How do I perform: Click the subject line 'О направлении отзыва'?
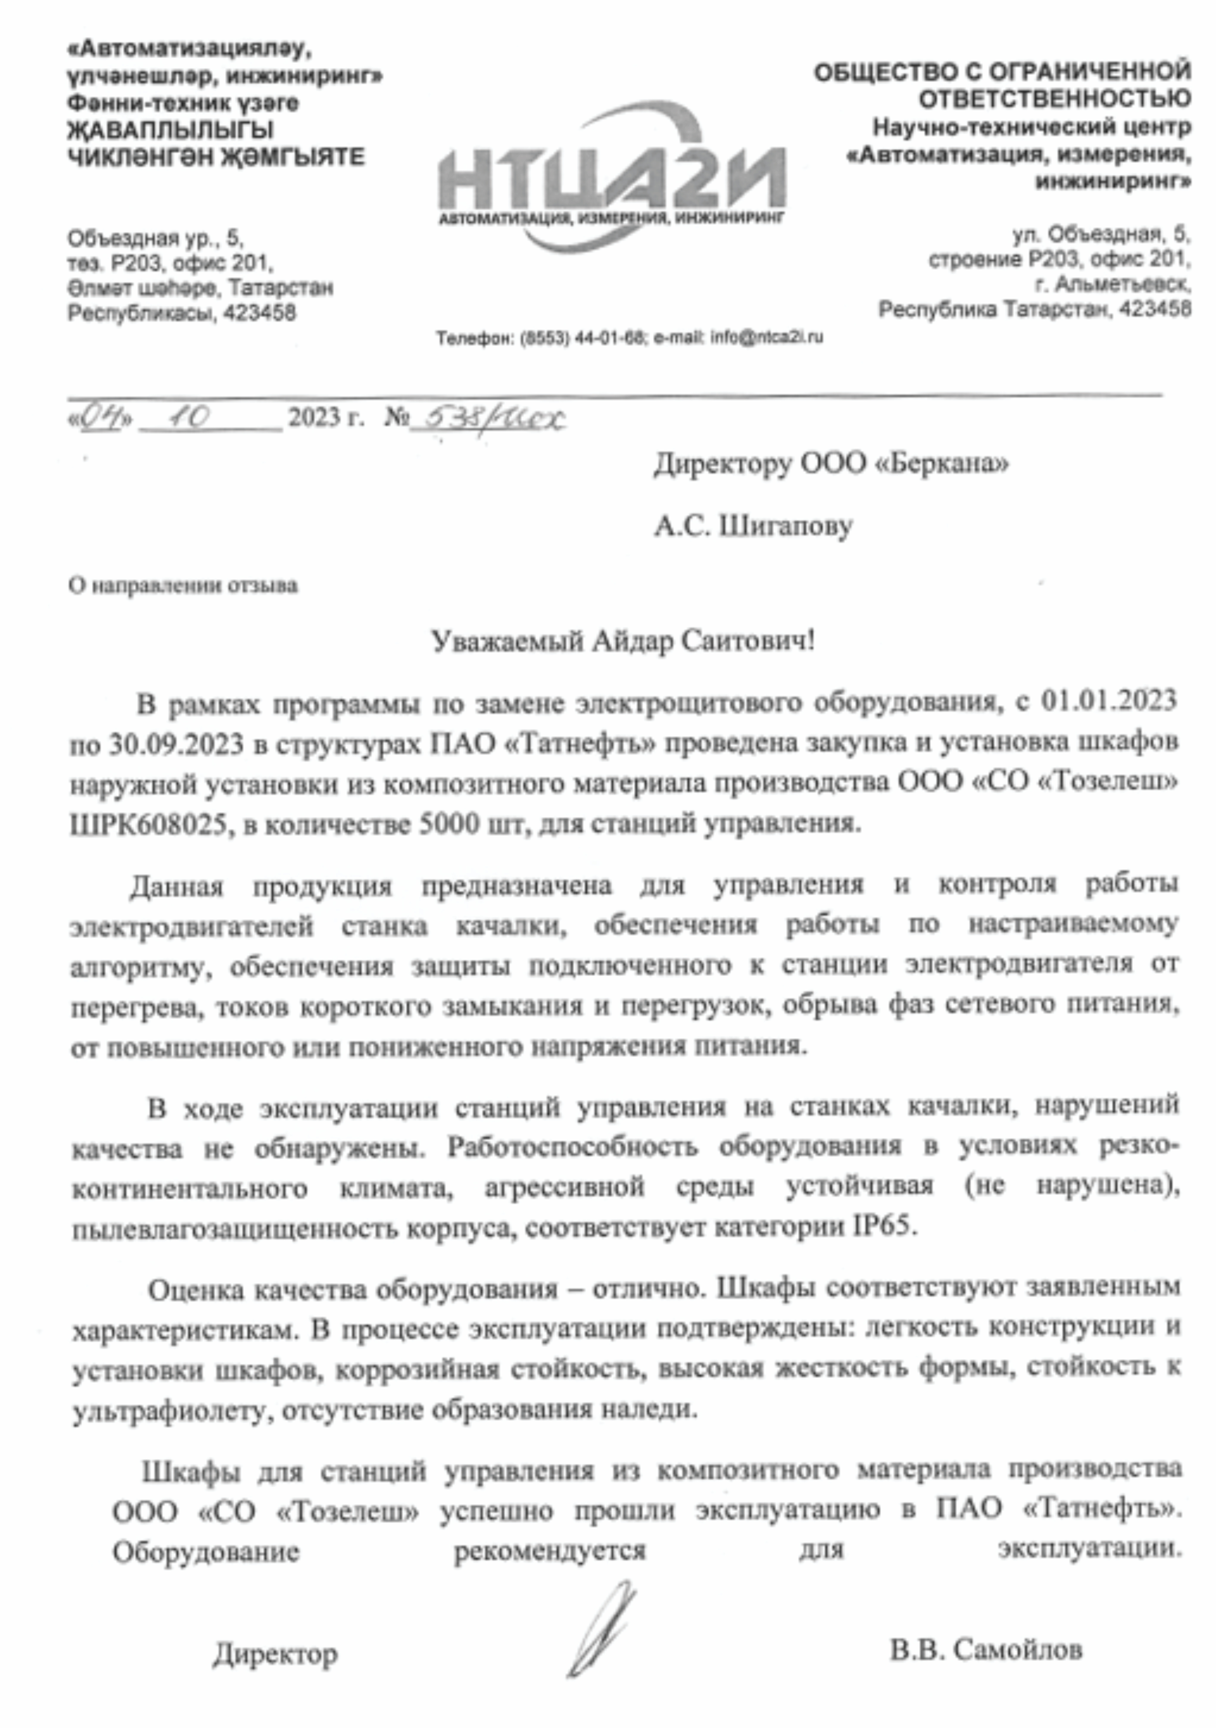pyautogui.click(x=183, y=586)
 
